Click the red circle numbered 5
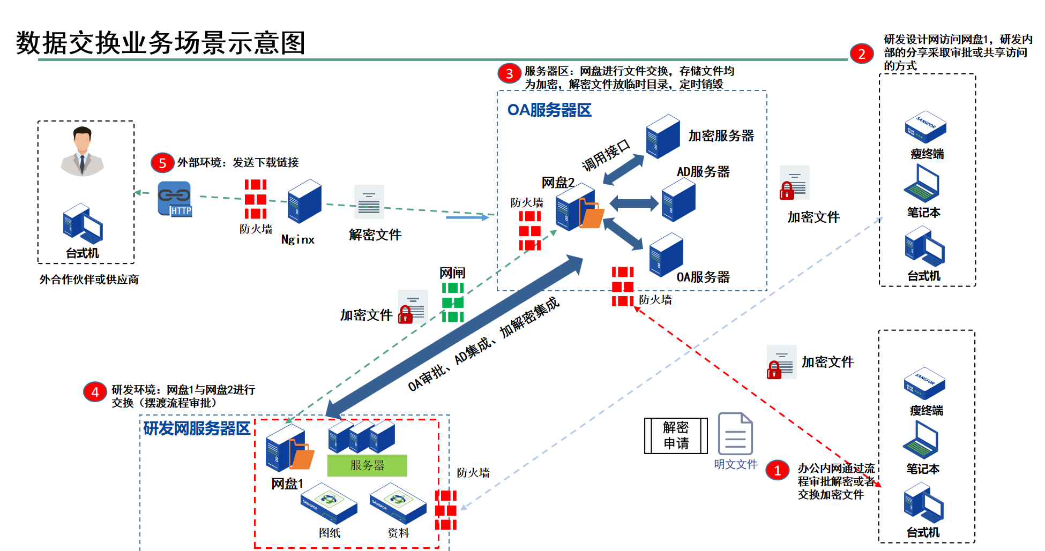point(162,163)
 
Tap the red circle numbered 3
point(509,73)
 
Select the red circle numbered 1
point(777,470)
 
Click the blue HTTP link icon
point(175,199)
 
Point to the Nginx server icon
point(304,201)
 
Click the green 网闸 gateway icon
point(453,302)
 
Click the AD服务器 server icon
point(678,199)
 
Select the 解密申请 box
point(676,435)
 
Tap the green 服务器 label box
point(367,465)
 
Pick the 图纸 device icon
point(329,503)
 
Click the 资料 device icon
point(398,503)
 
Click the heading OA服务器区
point(549,110)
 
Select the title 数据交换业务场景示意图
point(160,43)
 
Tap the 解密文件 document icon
point(369,202)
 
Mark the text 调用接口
point(606,155)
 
